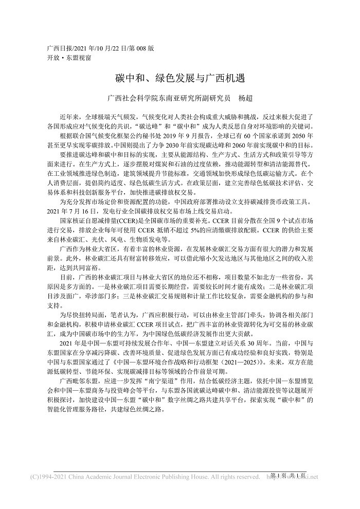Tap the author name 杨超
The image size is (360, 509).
243,97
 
